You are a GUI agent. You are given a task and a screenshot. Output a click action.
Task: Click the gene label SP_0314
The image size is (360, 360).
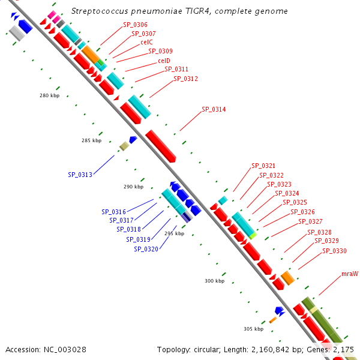click(214, 109)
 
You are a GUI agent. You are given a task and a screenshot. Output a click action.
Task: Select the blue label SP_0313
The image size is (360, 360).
click(80, 175)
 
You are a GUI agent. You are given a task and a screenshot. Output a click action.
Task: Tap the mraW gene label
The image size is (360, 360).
click(350, 274)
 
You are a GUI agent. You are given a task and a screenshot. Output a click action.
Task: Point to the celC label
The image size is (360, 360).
click(146, 42)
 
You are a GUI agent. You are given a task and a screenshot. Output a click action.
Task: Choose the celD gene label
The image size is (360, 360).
click(164, 61)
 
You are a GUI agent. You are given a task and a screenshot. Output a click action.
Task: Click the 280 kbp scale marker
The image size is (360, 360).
click(50, 95)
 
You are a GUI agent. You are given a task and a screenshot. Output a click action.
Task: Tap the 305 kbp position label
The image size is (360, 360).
click(253, 329)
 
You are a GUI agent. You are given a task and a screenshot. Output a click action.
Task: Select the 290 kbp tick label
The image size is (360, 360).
click(134, 187)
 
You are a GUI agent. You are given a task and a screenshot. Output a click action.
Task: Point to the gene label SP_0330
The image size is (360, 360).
click(334, 251)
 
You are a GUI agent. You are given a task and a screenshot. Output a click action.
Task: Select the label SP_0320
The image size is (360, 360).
click(146, 249)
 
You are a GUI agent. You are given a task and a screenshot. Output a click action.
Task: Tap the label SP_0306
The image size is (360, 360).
click(135, 25)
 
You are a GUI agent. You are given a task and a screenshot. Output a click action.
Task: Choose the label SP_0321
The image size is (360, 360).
click(263, 166)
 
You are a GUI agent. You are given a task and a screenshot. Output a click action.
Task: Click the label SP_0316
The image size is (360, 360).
click(113, 212)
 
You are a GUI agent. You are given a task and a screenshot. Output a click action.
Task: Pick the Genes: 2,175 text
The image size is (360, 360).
click(332, 349)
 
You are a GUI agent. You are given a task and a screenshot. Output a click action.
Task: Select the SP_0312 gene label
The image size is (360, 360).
click(185, 79)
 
